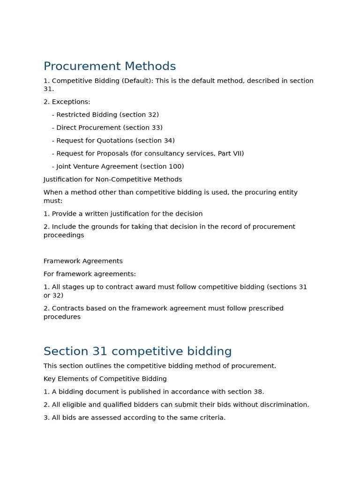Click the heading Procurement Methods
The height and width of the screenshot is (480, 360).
[110, 67]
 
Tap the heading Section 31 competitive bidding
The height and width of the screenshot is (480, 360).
[137, 352]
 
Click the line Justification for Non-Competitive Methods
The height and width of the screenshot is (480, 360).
[112, 180]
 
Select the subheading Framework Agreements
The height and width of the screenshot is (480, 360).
[83, 261]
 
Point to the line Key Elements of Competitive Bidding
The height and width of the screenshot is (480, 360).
[105, 379]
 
